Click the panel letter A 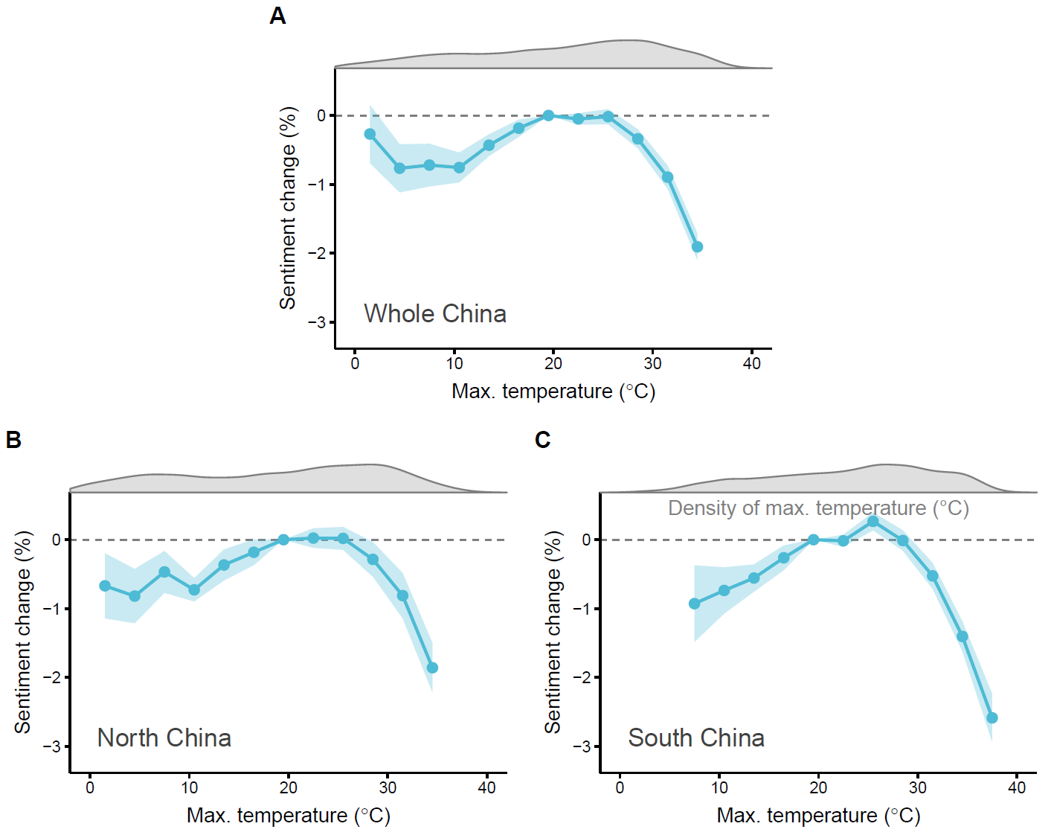click(x=277, y=16)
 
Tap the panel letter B click(x=13, y=440)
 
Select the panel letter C click(x=542, y=440)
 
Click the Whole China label click(x=434, y=313)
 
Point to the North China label click(x=164, y=738)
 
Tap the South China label click(x=695, y=738)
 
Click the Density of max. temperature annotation click(x=818, y=508)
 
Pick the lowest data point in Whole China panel click(x=697, y=247)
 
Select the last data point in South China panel click(x=992, y=718)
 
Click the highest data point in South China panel click(x=873, y=522)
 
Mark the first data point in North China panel click(x=105, y=586)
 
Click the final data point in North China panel click(x=432, y=668)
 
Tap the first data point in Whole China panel click(x=370, y=134)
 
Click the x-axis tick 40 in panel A click(x=751, y=364)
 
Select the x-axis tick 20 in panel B click(x=288, y=788)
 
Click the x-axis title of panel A click(x=553, y=391)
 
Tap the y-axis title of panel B click(x=23, y=632)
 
